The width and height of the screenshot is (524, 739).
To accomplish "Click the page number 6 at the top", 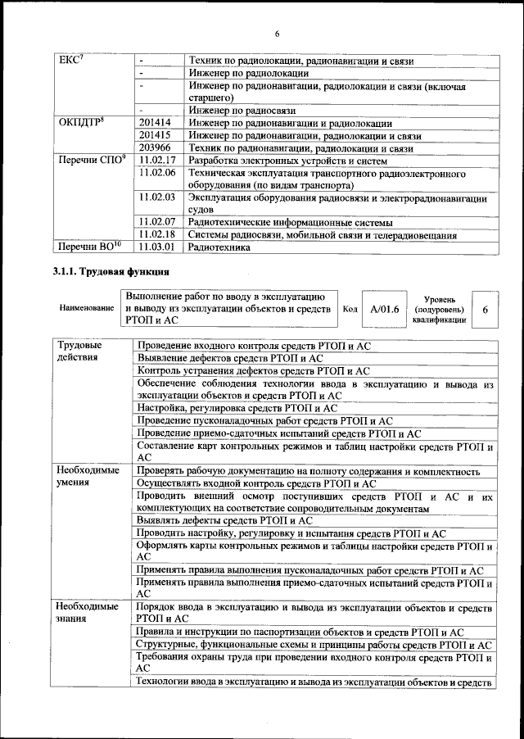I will (277, 34).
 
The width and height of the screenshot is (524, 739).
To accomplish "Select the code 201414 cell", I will (155, 122).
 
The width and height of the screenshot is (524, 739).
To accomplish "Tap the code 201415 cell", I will (155, 135).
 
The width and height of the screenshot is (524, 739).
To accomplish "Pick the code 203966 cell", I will (155, 148).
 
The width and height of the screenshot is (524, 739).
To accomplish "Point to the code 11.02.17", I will (158, 161).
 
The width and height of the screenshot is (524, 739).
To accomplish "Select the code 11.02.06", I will (158, 174).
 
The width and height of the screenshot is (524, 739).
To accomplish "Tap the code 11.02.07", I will (158, 222).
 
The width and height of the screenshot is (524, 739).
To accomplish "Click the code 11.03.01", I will (158, 247).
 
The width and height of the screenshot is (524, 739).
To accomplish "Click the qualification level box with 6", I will (486, 310).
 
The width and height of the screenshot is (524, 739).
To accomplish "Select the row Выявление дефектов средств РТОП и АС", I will (230, 359).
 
